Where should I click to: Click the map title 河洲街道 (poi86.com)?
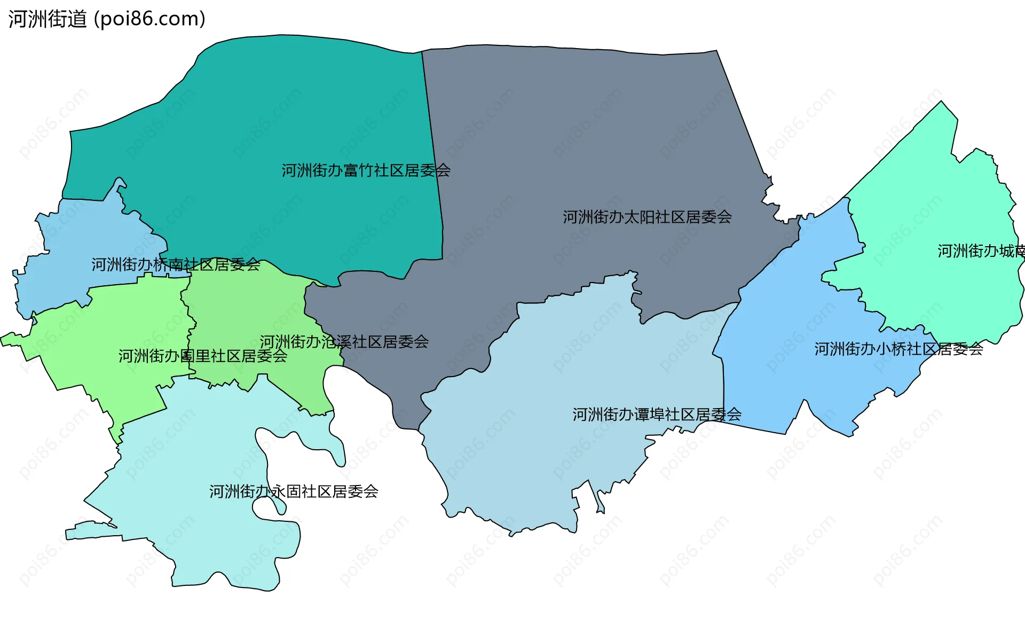[x=107, y=19]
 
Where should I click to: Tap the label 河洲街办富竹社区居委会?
[x=366, y=170]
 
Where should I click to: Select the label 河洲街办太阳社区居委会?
[x=647, y=217]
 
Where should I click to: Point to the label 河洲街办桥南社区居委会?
[x=176, y=264]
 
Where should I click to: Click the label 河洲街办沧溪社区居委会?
[x=344, y=342]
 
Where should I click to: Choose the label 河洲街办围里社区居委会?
[x=203, y=356]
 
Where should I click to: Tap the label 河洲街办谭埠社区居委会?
[x=657, y=414]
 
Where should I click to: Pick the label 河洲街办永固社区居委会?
[x=294, y=491]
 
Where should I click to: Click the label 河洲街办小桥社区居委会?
[x=898, y=349]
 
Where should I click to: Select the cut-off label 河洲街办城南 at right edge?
[x=981, y=251]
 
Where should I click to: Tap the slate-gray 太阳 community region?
[x=587, y=134]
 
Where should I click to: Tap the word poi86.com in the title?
[x=149, y=19]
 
